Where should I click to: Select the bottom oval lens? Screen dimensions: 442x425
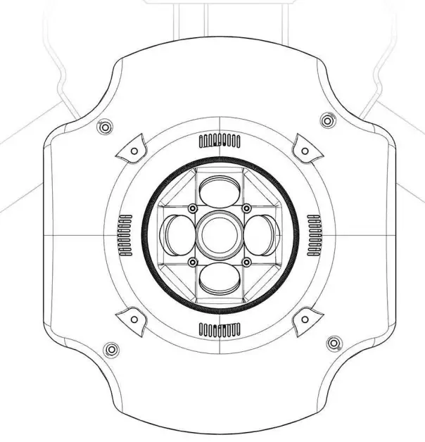[x=220, y=279]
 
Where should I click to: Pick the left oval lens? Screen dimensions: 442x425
[x=176, y=234]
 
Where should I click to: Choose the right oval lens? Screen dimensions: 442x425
[x=262, y=234]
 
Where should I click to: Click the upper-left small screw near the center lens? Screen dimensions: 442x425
[x=192, y=208]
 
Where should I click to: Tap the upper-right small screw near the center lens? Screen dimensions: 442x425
[x=247, y=208]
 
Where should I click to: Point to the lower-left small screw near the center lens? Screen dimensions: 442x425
[x=192, y=263]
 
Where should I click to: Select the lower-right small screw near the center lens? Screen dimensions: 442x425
[x=247, y=263]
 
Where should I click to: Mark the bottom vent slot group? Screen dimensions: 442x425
[x=220, y=329]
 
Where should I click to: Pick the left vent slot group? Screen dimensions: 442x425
[x=126, y=234]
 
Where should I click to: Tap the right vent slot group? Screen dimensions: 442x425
[x=315, y=234]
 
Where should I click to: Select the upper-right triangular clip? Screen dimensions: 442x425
[x=305, y=148]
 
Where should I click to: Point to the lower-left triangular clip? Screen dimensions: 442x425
[x=132, y=318]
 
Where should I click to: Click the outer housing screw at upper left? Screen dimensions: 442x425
[x=104, y=127]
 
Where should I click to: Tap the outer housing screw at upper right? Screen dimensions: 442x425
[x=326, y=120]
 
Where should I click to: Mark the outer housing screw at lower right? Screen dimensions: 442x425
[x=334, y=343]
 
